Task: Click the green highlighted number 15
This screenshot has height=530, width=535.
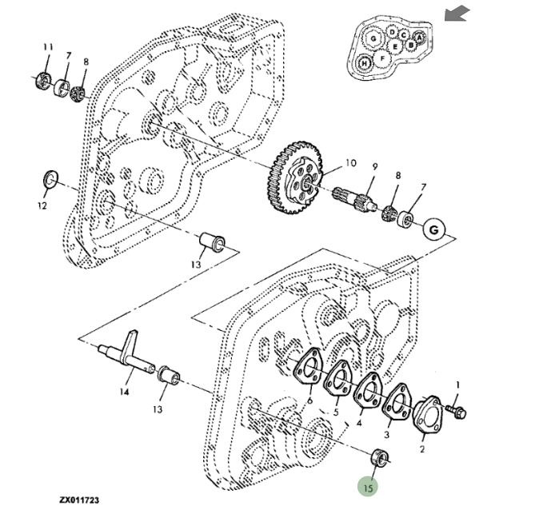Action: pyautogui.click(x=369, y=486)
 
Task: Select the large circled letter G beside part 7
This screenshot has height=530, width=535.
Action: pyautogui.click(x=434, y=229)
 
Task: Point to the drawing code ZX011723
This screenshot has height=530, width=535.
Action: pyautogui.click(x=79, y=500)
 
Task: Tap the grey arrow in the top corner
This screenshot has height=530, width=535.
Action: pyautogui.click(x=457, y=14)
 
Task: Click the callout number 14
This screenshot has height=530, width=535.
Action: pyautogui.click(x=124, y=392)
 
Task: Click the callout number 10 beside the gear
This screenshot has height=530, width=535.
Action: pyautogui.click(x=349, y=163)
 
